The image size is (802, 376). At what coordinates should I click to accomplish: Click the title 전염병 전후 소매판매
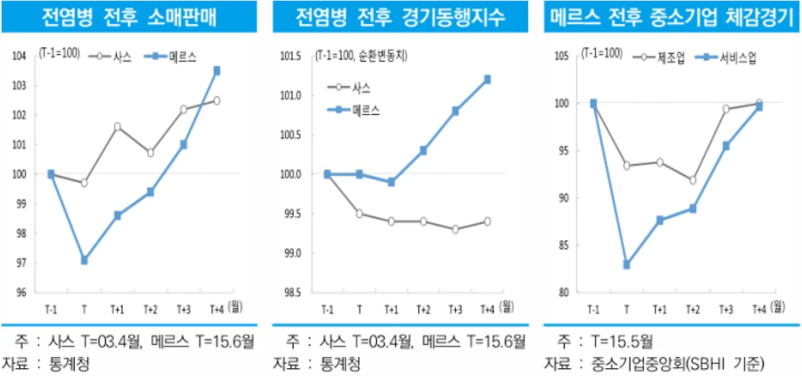(x=128, y=17)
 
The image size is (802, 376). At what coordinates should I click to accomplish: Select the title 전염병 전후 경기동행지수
(x=400, y=17)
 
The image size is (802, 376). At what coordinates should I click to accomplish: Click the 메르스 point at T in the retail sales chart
(x=84, y=260)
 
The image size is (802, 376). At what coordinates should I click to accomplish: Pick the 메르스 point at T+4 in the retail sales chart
(x=217, y=71)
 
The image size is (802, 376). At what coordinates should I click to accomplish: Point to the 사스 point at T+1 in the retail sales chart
(x=117, y=127)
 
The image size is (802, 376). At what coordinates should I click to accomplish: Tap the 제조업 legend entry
(x=661, y=58)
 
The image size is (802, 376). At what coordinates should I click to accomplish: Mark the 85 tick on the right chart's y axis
(x=564, y=246)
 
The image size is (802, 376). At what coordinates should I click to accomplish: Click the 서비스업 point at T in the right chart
(x=626, y=264)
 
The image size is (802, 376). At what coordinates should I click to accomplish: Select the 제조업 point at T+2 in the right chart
(x=692, y=180)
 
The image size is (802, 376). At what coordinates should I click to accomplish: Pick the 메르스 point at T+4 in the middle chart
(x=487, y=80)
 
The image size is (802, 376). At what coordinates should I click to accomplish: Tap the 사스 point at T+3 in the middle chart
(x=455, y=229)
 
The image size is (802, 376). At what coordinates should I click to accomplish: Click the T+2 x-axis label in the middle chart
(x=423, y=309)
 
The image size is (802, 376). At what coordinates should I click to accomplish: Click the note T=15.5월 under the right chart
(x=618, y=342)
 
